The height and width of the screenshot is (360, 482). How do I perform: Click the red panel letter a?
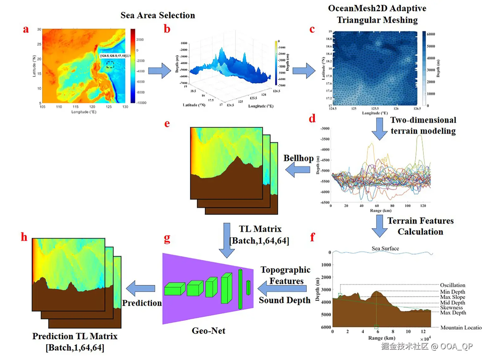(26, 29)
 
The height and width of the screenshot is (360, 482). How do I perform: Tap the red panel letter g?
(167, 238)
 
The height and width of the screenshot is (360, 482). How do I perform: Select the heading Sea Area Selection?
(157, 15)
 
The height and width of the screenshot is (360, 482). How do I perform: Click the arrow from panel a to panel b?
(159, 71)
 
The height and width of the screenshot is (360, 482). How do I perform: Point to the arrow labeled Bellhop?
(298, 170)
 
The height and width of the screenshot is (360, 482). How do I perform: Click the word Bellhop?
(298, 158)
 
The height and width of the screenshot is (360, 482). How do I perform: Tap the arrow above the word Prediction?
(140, 288)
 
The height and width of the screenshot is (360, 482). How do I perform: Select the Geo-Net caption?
(208, 331)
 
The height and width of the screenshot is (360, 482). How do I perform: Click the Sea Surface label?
(385, 248)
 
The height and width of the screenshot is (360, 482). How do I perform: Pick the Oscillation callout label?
(453, 285)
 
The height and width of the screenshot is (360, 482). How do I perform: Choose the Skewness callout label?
(451, 307)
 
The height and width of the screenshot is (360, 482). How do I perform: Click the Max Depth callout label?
(453, 313)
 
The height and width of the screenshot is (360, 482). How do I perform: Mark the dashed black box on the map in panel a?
(110, 65)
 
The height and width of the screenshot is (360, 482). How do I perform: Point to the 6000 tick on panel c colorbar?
(431, 34)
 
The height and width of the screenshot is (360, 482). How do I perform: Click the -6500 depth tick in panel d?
(325, 202)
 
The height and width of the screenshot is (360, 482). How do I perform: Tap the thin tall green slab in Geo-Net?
(240, 289)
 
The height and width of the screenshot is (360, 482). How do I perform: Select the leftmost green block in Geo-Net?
(175, 289)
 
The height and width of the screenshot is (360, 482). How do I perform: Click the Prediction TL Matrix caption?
(75, 336)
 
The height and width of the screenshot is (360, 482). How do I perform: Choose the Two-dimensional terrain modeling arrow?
(379, 129)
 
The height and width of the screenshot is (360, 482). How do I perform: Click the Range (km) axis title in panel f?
(382, 338)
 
